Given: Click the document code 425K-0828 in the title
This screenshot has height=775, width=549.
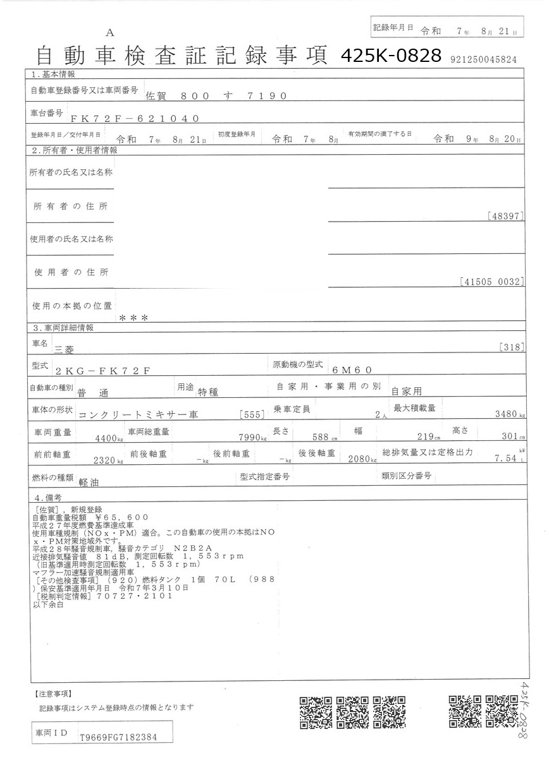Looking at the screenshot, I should click(390, 56).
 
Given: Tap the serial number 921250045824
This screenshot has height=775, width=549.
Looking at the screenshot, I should click(484, 59).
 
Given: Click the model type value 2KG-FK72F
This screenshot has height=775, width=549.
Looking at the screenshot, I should click(102, 371).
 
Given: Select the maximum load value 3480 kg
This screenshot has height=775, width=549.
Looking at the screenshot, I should click(512, 415).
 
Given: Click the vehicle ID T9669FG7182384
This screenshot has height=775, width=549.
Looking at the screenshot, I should click(118, 737).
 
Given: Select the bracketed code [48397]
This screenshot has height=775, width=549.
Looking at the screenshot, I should click(506, 216).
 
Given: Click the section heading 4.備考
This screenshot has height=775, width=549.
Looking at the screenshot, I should click(47, 497).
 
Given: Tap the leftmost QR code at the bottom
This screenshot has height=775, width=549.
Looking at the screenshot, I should click(315, 712).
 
